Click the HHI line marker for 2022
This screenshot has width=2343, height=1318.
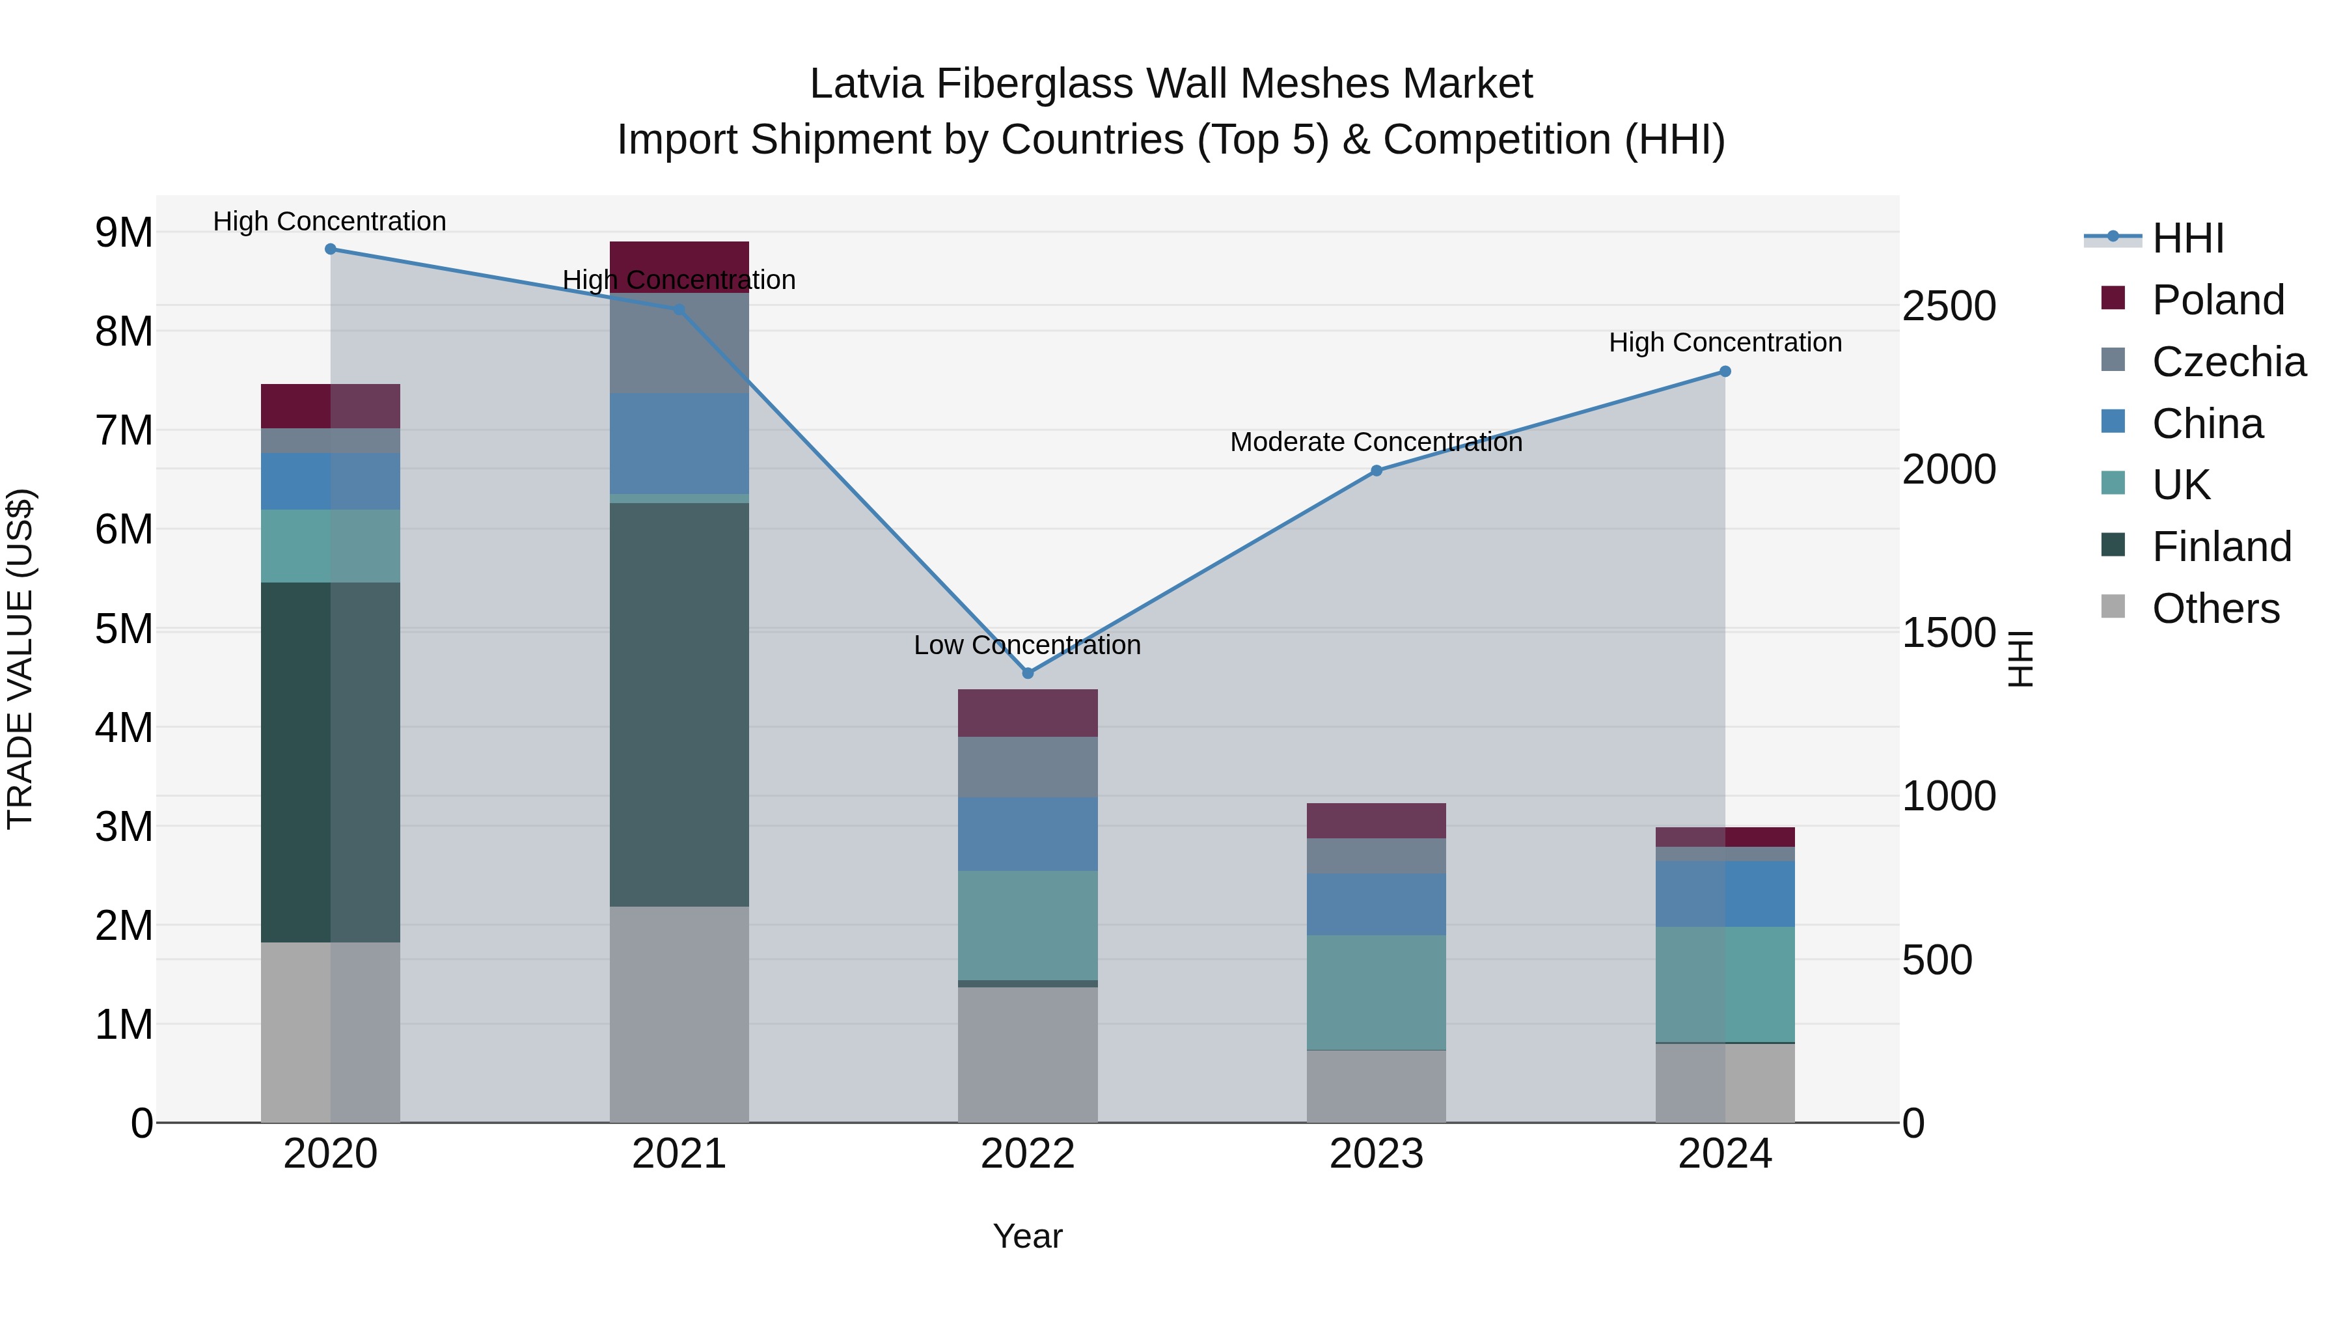tap(1028, 673)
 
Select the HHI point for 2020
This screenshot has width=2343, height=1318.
tap(330, 249)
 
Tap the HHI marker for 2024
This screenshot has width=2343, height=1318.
tap(1725, 371)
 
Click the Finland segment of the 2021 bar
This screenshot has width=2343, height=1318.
tap(679, 705)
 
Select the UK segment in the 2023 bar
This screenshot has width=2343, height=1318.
tap(1376, 993)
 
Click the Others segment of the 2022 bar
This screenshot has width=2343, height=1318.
tap(1028, 1055)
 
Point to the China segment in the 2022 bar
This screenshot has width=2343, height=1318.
tap(1028, 834)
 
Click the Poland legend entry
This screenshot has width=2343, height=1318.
tap(2217, 300)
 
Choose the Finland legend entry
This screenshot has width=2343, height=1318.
tap(2221, 547)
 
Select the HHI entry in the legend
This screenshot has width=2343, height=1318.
tap(2187, 238)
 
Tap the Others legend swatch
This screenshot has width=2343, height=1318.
tap(2113, 607)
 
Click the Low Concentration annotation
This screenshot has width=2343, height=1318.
tap(1027, 645)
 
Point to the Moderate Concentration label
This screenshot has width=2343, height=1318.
tap(1375, 442)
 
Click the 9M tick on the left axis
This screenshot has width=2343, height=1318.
tap(124, 233)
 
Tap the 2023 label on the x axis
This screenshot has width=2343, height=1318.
tap(1376, 1154)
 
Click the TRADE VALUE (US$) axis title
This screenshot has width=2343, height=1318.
tap(20, 659)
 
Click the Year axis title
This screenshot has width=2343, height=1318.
tap(1028, 1236)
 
